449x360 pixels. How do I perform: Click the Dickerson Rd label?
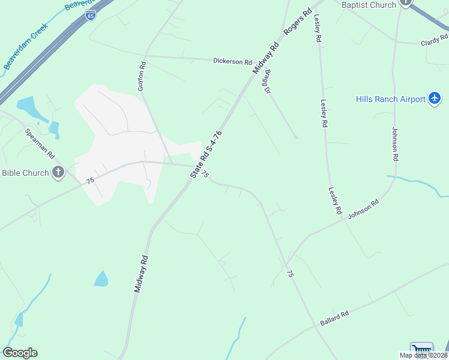[233, 61]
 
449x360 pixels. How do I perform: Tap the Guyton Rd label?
[142, 76]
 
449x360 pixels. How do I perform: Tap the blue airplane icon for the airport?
[435, 98]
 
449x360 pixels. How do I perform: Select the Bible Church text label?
[25, 173]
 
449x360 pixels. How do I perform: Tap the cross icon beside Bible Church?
[58, 173]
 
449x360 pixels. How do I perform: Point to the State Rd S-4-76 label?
[206, 154]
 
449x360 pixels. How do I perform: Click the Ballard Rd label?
[334, 319]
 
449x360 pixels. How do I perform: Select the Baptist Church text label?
[369, 5]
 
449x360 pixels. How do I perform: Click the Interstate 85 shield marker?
[90, 14]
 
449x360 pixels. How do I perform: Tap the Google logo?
[20, 353]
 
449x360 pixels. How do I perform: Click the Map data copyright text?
[423, 355]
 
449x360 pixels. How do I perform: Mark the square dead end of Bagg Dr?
[295, 137]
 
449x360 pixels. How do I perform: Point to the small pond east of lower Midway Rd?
[101, 279]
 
